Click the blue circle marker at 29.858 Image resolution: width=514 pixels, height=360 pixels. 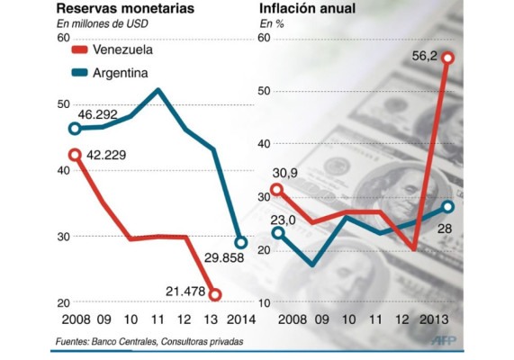(x=240, y=242)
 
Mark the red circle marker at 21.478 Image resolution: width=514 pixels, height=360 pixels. (x=214, y=294)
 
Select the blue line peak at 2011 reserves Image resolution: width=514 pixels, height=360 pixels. (x=158, y=89)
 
